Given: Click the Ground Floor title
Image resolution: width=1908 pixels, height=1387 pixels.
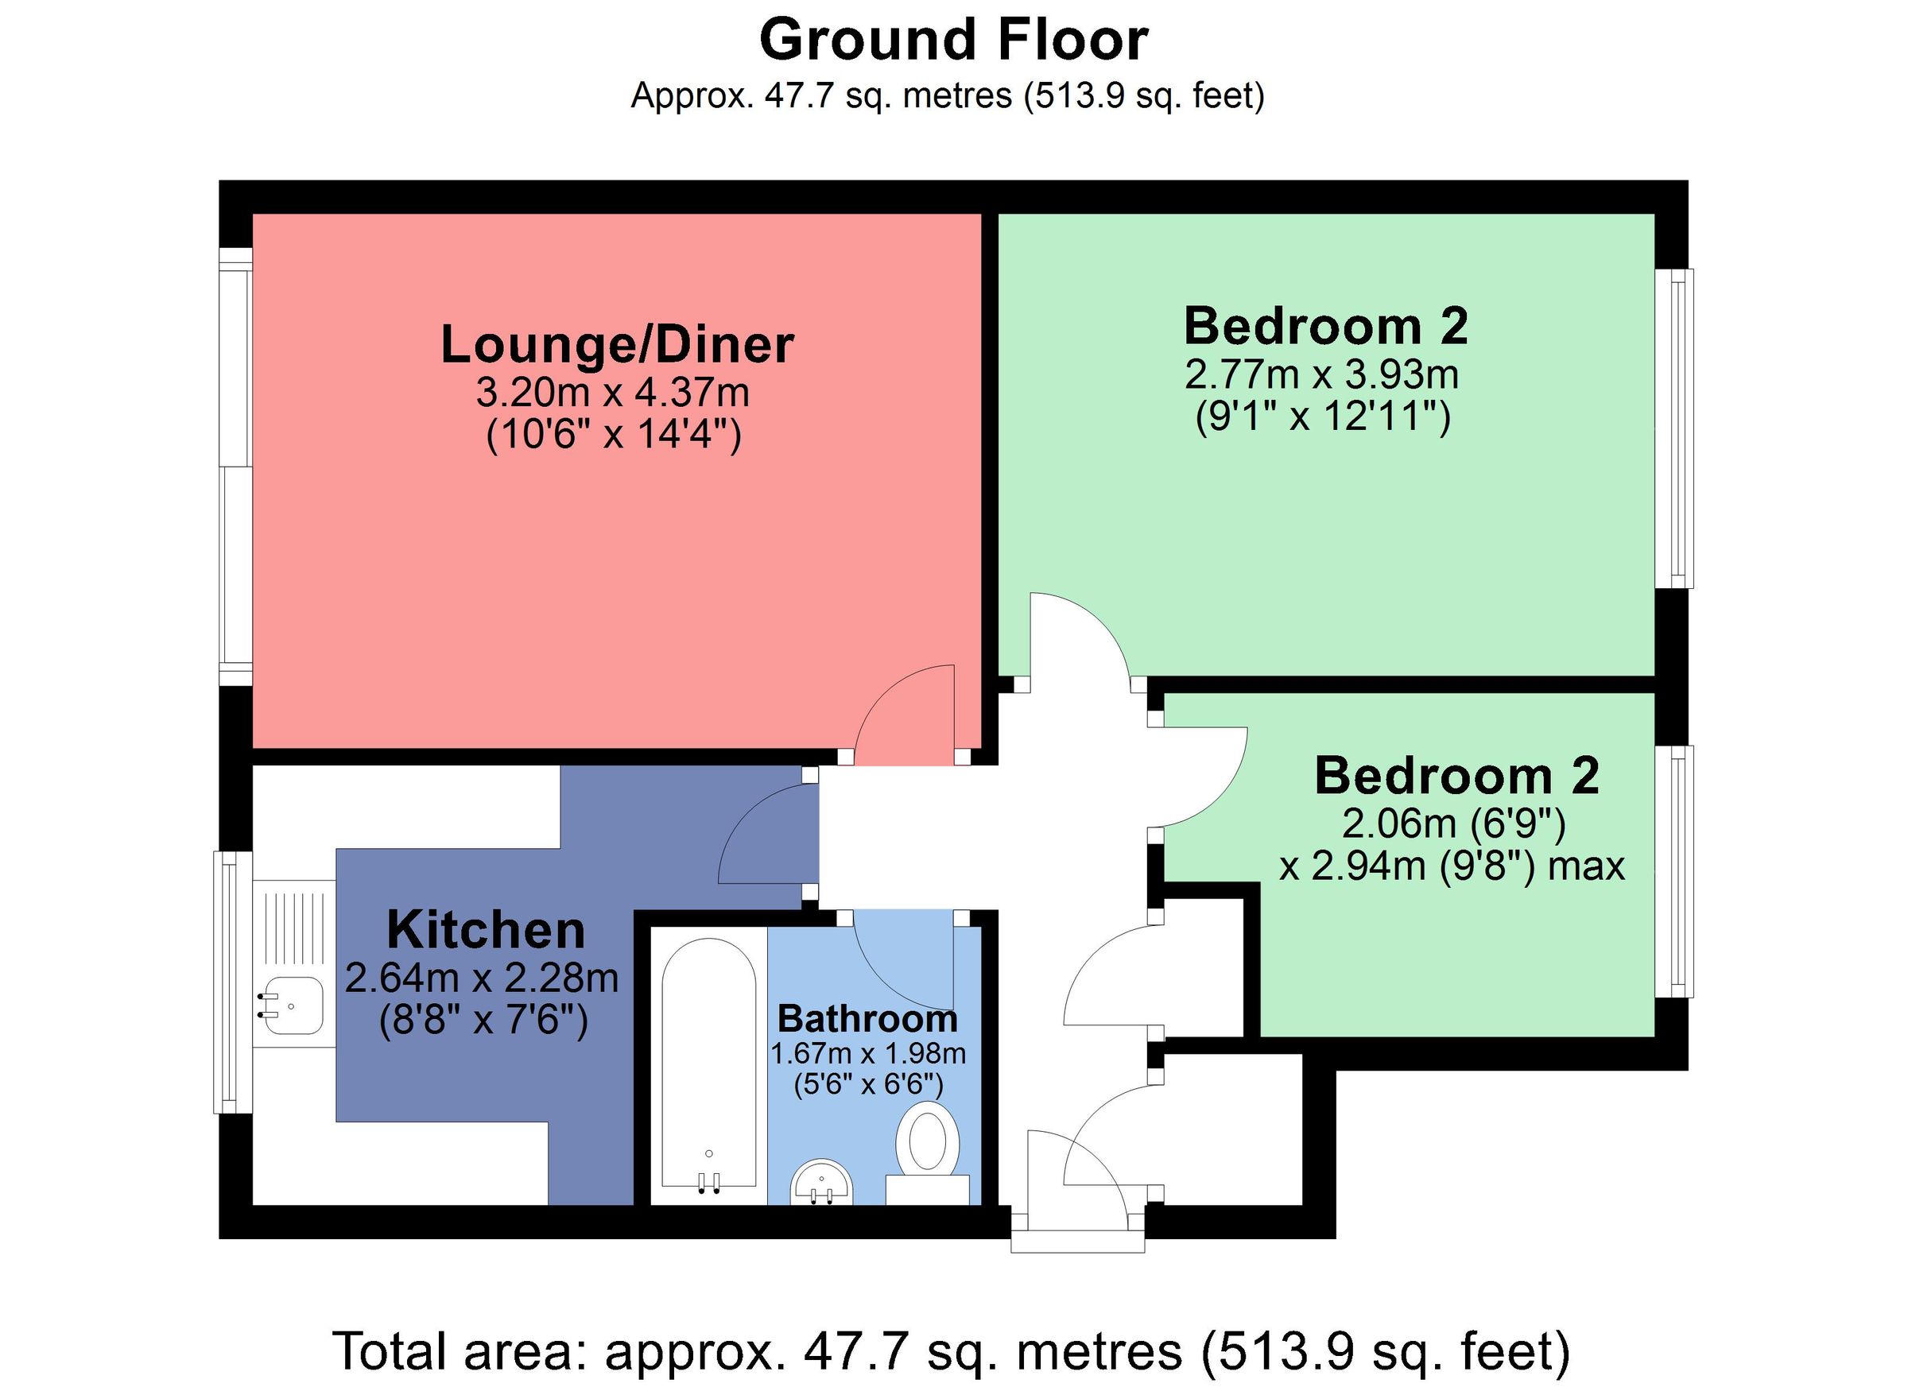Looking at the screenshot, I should (x=953, y=41).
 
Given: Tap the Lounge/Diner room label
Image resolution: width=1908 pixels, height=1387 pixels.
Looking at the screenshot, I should (x=617, y=345).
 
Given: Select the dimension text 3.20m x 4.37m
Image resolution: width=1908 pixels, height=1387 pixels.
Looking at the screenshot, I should (x=612, y=392).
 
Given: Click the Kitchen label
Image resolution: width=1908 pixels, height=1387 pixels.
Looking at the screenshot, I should (x=486, y=930).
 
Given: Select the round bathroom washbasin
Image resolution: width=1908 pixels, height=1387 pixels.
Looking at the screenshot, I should (x=822, y=1184).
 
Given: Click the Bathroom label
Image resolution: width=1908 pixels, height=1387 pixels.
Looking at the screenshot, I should (x=867, y=1019).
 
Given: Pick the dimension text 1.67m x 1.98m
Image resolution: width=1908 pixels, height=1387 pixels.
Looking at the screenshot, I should (x=868, y=1053).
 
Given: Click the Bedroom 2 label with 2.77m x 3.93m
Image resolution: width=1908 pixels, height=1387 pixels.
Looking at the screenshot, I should (x=1325, y=327).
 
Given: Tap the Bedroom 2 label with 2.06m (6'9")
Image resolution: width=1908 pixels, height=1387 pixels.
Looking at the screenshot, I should (x=1456, y=776).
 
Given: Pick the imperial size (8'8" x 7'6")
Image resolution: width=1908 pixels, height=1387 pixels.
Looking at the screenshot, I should (x=483, y=1021).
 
